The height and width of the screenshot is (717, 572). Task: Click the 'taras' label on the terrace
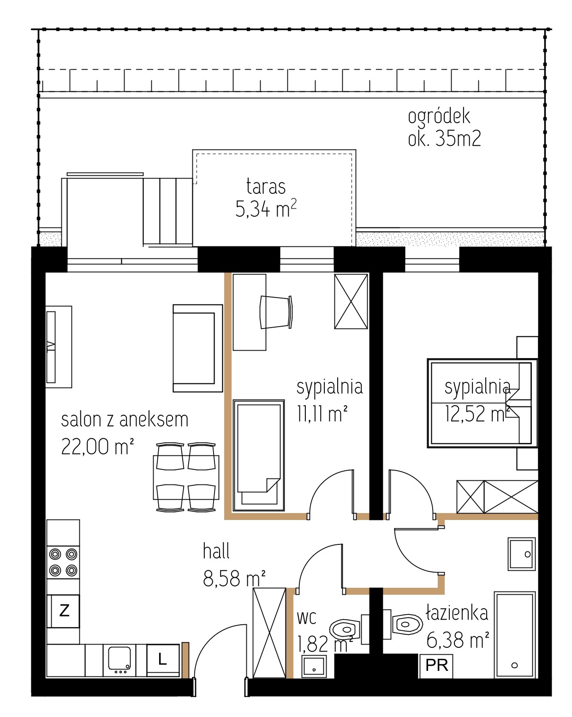(266, 186)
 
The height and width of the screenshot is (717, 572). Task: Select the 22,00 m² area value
(98, 447)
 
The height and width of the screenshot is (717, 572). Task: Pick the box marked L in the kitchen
(163, 659)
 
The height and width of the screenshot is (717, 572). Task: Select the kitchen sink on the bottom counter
(119, 660)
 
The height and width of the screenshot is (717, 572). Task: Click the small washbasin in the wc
(314, 667)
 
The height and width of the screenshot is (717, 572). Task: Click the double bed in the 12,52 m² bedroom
(483, 403)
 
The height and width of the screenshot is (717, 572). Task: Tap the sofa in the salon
(197, 348)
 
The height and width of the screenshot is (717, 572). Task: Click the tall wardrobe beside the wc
(269, 633)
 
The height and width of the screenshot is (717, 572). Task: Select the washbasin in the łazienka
(522, 554)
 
